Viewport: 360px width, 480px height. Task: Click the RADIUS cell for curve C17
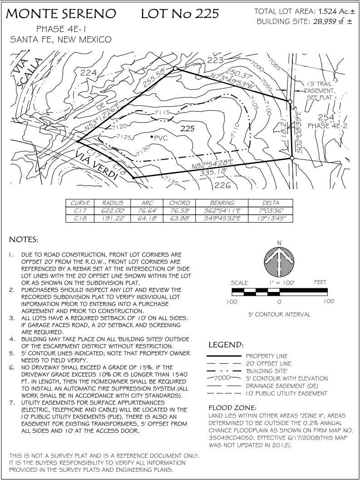tap(113, 211)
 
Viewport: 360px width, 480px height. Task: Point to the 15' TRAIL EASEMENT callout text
tap(320, 91)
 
